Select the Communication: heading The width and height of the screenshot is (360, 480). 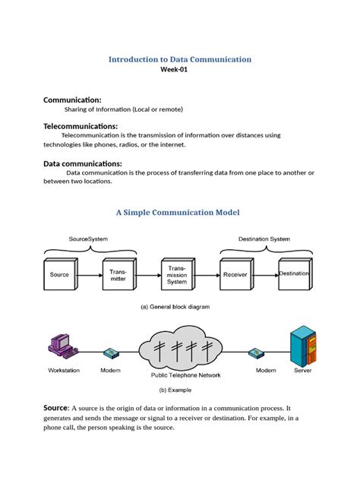pos(72,99)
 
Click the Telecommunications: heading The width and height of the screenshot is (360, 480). pos(81,125)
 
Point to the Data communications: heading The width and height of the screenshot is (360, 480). pos(82,163)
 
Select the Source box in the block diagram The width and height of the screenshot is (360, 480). pos(59,274)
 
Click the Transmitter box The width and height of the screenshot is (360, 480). pos(118,274)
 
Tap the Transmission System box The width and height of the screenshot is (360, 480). pos(177,274)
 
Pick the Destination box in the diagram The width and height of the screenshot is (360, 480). pos(294,273)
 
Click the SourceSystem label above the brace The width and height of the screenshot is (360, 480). pos(89,238)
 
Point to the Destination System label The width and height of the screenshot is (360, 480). pos(264,238)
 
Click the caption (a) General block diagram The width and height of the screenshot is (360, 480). pos(175,307)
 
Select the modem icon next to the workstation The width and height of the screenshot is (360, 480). pos(111,353)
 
